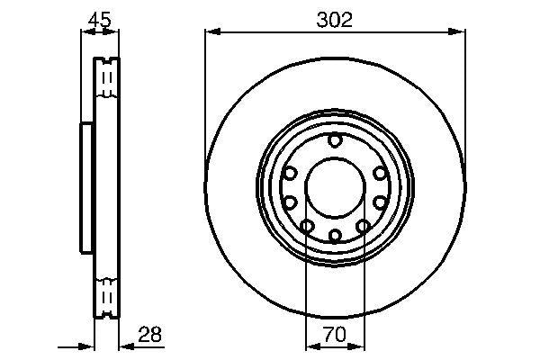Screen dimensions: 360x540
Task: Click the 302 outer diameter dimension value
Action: tap(335, 18)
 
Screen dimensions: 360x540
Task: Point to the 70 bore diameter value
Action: tap(335, 335)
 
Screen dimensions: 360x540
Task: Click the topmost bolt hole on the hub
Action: tap(335, 139)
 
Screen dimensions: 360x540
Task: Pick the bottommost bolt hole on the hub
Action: tap(335, 236)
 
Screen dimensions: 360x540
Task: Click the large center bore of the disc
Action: tap(335, 187)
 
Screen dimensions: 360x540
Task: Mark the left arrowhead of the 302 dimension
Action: tap(211, 32)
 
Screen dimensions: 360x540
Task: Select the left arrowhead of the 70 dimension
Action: tap(310, 346)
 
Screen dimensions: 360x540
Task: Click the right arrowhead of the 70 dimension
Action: tap(359, 346)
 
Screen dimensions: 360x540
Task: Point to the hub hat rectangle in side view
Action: tap(87, 187)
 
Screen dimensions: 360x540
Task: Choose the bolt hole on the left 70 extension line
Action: tap(307, 225)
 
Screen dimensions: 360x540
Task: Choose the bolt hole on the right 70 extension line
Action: tap(364, 225)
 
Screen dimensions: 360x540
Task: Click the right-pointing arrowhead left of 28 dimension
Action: tap(88, 346)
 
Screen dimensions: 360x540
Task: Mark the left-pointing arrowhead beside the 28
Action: tap(124, 346)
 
